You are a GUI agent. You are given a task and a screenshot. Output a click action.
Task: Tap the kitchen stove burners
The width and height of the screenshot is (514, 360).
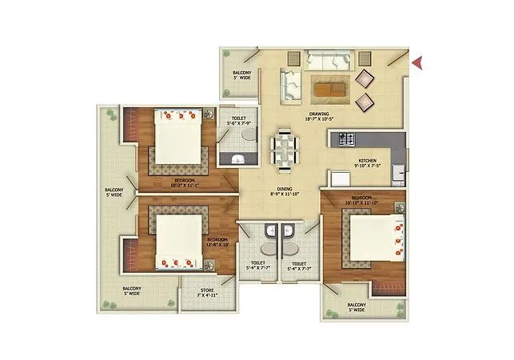(x=347, y=139)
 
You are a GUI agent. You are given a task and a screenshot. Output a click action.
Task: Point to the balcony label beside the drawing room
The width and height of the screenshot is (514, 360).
(x=241, y=75)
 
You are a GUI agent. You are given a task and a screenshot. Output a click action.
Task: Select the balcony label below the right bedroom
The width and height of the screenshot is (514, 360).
(x=357, y=308)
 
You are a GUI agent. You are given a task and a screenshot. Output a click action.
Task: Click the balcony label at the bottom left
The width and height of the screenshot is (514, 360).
(x=131, y=291)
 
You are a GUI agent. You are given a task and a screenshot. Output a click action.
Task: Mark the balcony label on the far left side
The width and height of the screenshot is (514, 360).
(x=114, y=192)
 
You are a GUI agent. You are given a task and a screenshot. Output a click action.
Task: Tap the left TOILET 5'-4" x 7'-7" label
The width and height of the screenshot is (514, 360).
(x=257, y=266)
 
